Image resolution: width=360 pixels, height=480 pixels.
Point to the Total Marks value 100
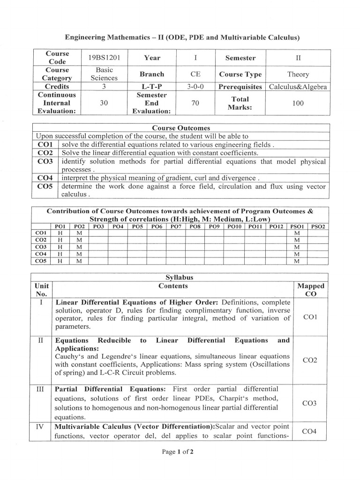pyautogui.click(x=298, y=103)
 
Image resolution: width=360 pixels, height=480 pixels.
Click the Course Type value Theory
pyautogui.click(x=298, y=74)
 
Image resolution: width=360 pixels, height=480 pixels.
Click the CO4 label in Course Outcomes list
pyautogui.click(x=45, y=178)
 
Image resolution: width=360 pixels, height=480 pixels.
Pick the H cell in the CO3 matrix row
pyautogui.click(x=60, y=247)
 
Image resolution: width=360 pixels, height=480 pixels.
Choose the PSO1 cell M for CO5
pyautogui.click(x=297, y=261)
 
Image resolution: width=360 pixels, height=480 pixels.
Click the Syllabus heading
pyautogui.click(x=180, y=277)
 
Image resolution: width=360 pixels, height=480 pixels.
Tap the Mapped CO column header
pyautogui.click(x=310, y=290)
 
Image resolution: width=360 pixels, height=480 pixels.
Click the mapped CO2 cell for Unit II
pyautogui.click(x=310, y=360)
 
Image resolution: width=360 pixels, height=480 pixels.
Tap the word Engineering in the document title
pyautogui.click(x=86, y=37)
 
